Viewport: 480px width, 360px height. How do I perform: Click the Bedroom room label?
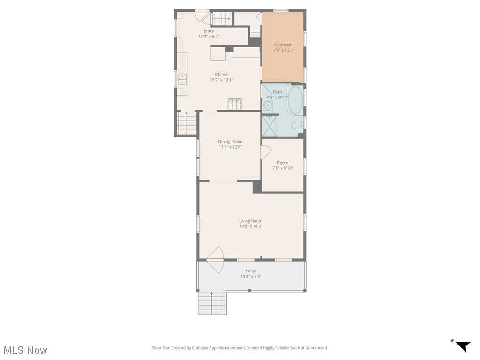pyautogui.click(x=283, y=45)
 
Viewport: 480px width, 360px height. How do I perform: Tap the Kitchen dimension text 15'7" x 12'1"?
pyautogui.click(x=221, y=80)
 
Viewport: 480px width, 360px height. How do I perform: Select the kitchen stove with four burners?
pyautogui.click(x=234, y=104)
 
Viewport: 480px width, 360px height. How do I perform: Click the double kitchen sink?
pyautogui.click(x=182, y=79)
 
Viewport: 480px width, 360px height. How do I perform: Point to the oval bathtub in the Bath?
pyautogui.click(x=295, y=100)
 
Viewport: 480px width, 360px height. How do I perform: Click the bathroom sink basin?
pyautogui.click(x=267, y=105)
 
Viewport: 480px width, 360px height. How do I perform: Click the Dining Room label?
pyautogui.click(x=230, y=142)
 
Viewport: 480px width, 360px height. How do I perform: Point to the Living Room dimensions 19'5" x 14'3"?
pyautogui.click(x=250, y=226)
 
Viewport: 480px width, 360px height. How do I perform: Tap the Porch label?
pyautogui.click(x=251, y=270)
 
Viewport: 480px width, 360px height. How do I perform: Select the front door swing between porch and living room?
pyautogui.click(x=215, y=260)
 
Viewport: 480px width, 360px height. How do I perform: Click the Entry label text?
pyautogui.click(x=209, y=31)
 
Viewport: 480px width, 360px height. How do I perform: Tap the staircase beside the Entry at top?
pyautogui.click(x=221, y=19)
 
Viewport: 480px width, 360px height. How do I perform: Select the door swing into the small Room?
pyautogui.click(x=266, y=152)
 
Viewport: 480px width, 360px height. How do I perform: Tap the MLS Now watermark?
pyautogui.click(x=25, y=350)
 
